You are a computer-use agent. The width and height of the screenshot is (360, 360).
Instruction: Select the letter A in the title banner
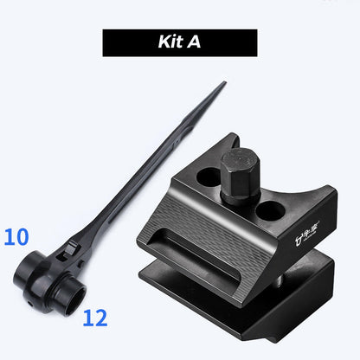pos(195,42)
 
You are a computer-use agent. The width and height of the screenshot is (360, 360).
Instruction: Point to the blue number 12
pos(95,318)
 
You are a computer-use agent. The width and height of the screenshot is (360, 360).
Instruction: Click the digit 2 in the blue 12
pos(101,318)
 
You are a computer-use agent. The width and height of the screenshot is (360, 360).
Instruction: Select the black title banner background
pos(130,42)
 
